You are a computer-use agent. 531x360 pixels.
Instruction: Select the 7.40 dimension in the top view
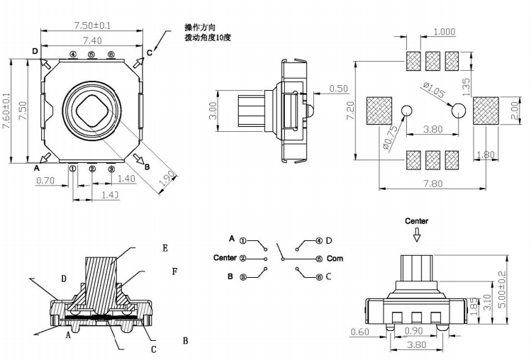pos(92,40)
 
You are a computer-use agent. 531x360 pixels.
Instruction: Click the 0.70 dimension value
pos(45,180)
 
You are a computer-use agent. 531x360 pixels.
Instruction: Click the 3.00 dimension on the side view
pos(213,112)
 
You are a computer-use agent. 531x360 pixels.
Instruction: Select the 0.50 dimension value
pos(339,89)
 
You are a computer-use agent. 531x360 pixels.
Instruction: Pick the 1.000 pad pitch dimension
pos(444,31)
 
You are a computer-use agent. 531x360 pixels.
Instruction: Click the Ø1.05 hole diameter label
pos(433,91)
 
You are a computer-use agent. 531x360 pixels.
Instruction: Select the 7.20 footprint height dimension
pos(349,110)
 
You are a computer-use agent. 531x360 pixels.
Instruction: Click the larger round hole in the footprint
pos(458,110)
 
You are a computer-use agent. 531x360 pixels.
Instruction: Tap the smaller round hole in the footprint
pos(406,110)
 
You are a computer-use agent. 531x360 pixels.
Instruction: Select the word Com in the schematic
pos(335,259)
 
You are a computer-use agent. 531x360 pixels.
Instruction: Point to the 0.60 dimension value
pos(360,332)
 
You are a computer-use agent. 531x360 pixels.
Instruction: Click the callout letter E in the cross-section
pos(164,248)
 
